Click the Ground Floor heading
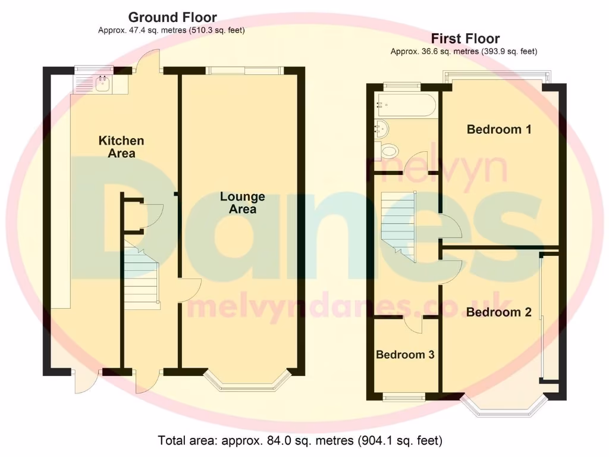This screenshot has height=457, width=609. [x=172, y=17]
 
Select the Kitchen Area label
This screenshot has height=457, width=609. [x=121, y=147]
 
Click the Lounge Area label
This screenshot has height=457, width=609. [x=243, y=203]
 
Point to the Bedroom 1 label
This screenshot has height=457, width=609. [x=498, y=129]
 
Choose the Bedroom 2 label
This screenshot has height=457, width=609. [x=498, y=312]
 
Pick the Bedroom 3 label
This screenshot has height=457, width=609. [x=405, y=355]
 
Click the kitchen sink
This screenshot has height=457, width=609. [x=101, y=84]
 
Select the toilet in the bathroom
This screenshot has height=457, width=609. [x=390, y=151]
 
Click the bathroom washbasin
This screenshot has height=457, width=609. [x=381, y=127]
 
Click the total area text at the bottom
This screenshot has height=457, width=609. [x=300, y=441]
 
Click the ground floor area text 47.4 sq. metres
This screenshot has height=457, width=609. [x=172, y=30]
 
